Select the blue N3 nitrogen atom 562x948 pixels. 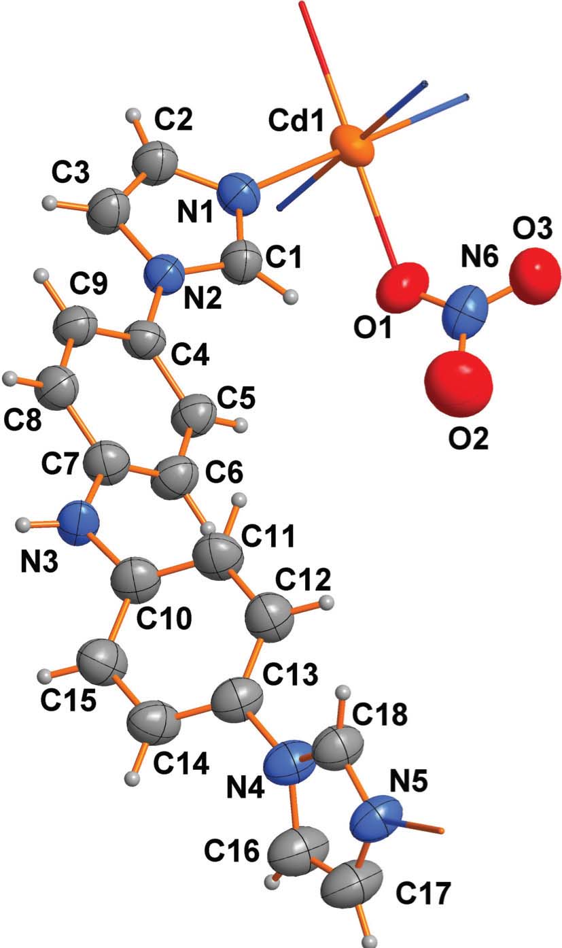pyautogui.click(x=79, y=524)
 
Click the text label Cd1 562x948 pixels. pyautogui.click(x=296, y=120)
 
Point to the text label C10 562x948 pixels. pyautogui.click(x=164, y=617)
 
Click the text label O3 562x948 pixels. pyautogui.click(x=532, y=230)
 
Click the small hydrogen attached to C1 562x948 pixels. pyautogui.click(x=291, y=297)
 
